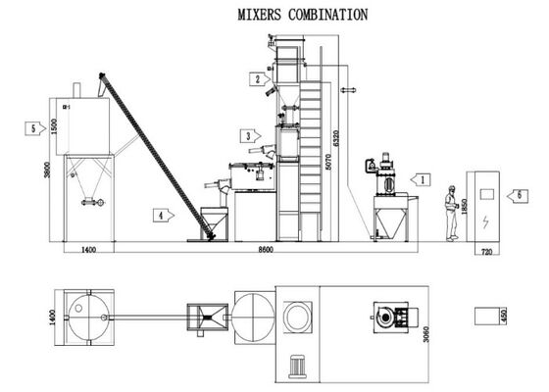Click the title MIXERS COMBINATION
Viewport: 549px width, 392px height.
[304, 15]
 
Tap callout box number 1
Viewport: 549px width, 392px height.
[419, 180]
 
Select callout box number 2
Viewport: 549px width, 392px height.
[258, 78]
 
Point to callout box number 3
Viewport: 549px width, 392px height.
[251, 135]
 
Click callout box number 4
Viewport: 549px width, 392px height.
[159, 213]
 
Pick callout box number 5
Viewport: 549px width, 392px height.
[36, 127]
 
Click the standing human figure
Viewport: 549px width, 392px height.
[451, 211]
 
